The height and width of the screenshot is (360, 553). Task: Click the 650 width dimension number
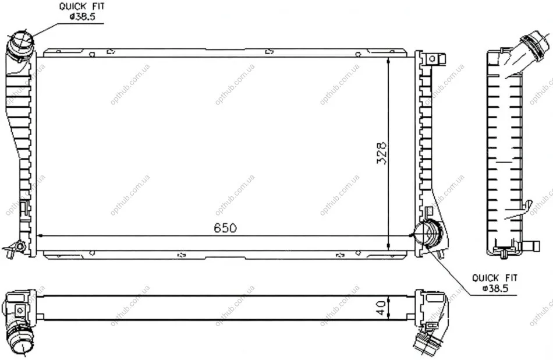pyautogui.click(x=225, y=228)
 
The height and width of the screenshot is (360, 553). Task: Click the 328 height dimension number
pyautogui.click(x=382, y=153)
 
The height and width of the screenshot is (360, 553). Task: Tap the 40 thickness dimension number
pyautogui.click(x=381, y=308)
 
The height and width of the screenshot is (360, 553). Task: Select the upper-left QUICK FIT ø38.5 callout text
pyautogui.click(x=82, y=12)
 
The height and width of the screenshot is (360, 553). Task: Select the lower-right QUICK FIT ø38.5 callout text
pyautogui.click(x=495, y=283)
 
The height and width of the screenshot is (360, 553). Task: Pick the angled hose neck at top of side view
pyautogui.click(x=526, y=52)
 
